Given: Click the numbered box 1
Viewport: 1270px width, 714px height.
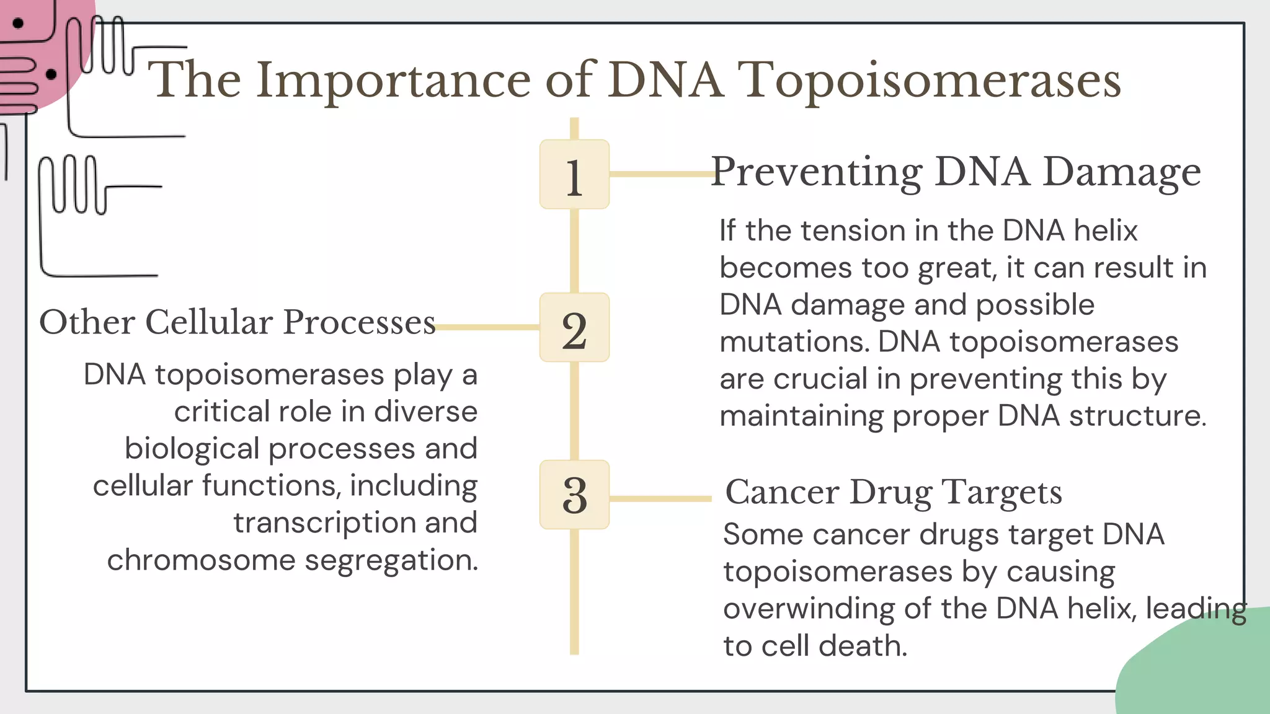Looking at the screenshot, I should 574,174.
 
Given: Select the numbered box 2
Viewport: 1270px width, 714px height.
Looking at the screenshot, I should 574,327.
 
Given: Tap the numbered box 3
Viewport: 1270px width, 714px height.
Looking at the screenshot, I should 574,495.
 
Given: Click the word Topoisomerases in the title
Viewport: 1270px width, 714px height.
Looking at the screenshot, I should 931,81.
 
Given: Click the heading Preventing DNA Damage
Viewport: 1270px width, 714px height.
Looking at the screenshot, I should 956,172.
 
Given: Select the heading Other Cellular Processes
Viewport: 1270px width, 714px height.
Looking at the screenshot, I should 238,322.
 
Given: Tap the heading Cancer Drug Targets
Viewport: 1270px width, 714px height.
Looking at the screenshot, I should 894,492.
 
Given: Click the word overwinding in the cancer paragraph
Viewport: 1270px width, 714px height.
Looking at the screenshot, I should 808,609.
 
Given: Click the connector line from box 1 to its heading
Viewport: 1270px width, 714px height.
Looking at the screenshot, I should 661,174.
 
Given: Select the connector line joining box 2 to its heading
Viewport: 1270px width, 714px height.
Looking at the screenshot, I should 487,327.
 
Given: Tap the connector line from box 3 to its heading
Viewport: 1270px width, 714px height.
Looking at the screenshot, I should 661,498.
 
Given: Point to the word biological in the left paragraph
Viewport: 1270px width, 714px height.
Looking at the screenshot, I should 192,449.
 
